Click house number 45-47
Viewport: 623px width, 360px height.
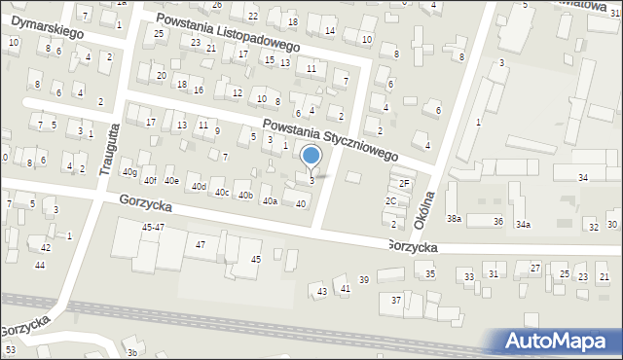coord(153,227)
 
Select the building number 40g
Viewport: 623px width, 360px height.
coord(128,171)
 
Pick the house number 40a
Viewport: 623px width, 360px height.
coord(270,200)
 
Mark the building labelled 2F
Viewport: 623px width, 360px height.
coord(405,183)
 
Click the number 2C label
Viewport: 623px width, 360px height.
coord(390,200)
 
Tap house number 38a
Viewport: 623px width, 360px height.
coord(454,219)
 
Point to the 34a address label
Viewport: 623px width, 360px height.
coord(523,224)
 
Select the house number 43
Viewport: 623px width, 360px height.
coord(322,291)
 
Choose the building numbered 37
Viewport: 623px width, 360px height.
coord(396,300)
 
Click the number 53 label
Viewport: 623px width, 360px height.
coord(10,348)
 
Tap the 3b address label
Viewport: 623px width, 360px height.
coord(131,353)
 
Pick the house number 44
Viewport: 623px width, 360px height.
coord(39,265)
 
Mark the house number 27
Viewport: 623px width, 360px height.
coord(534,267)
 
